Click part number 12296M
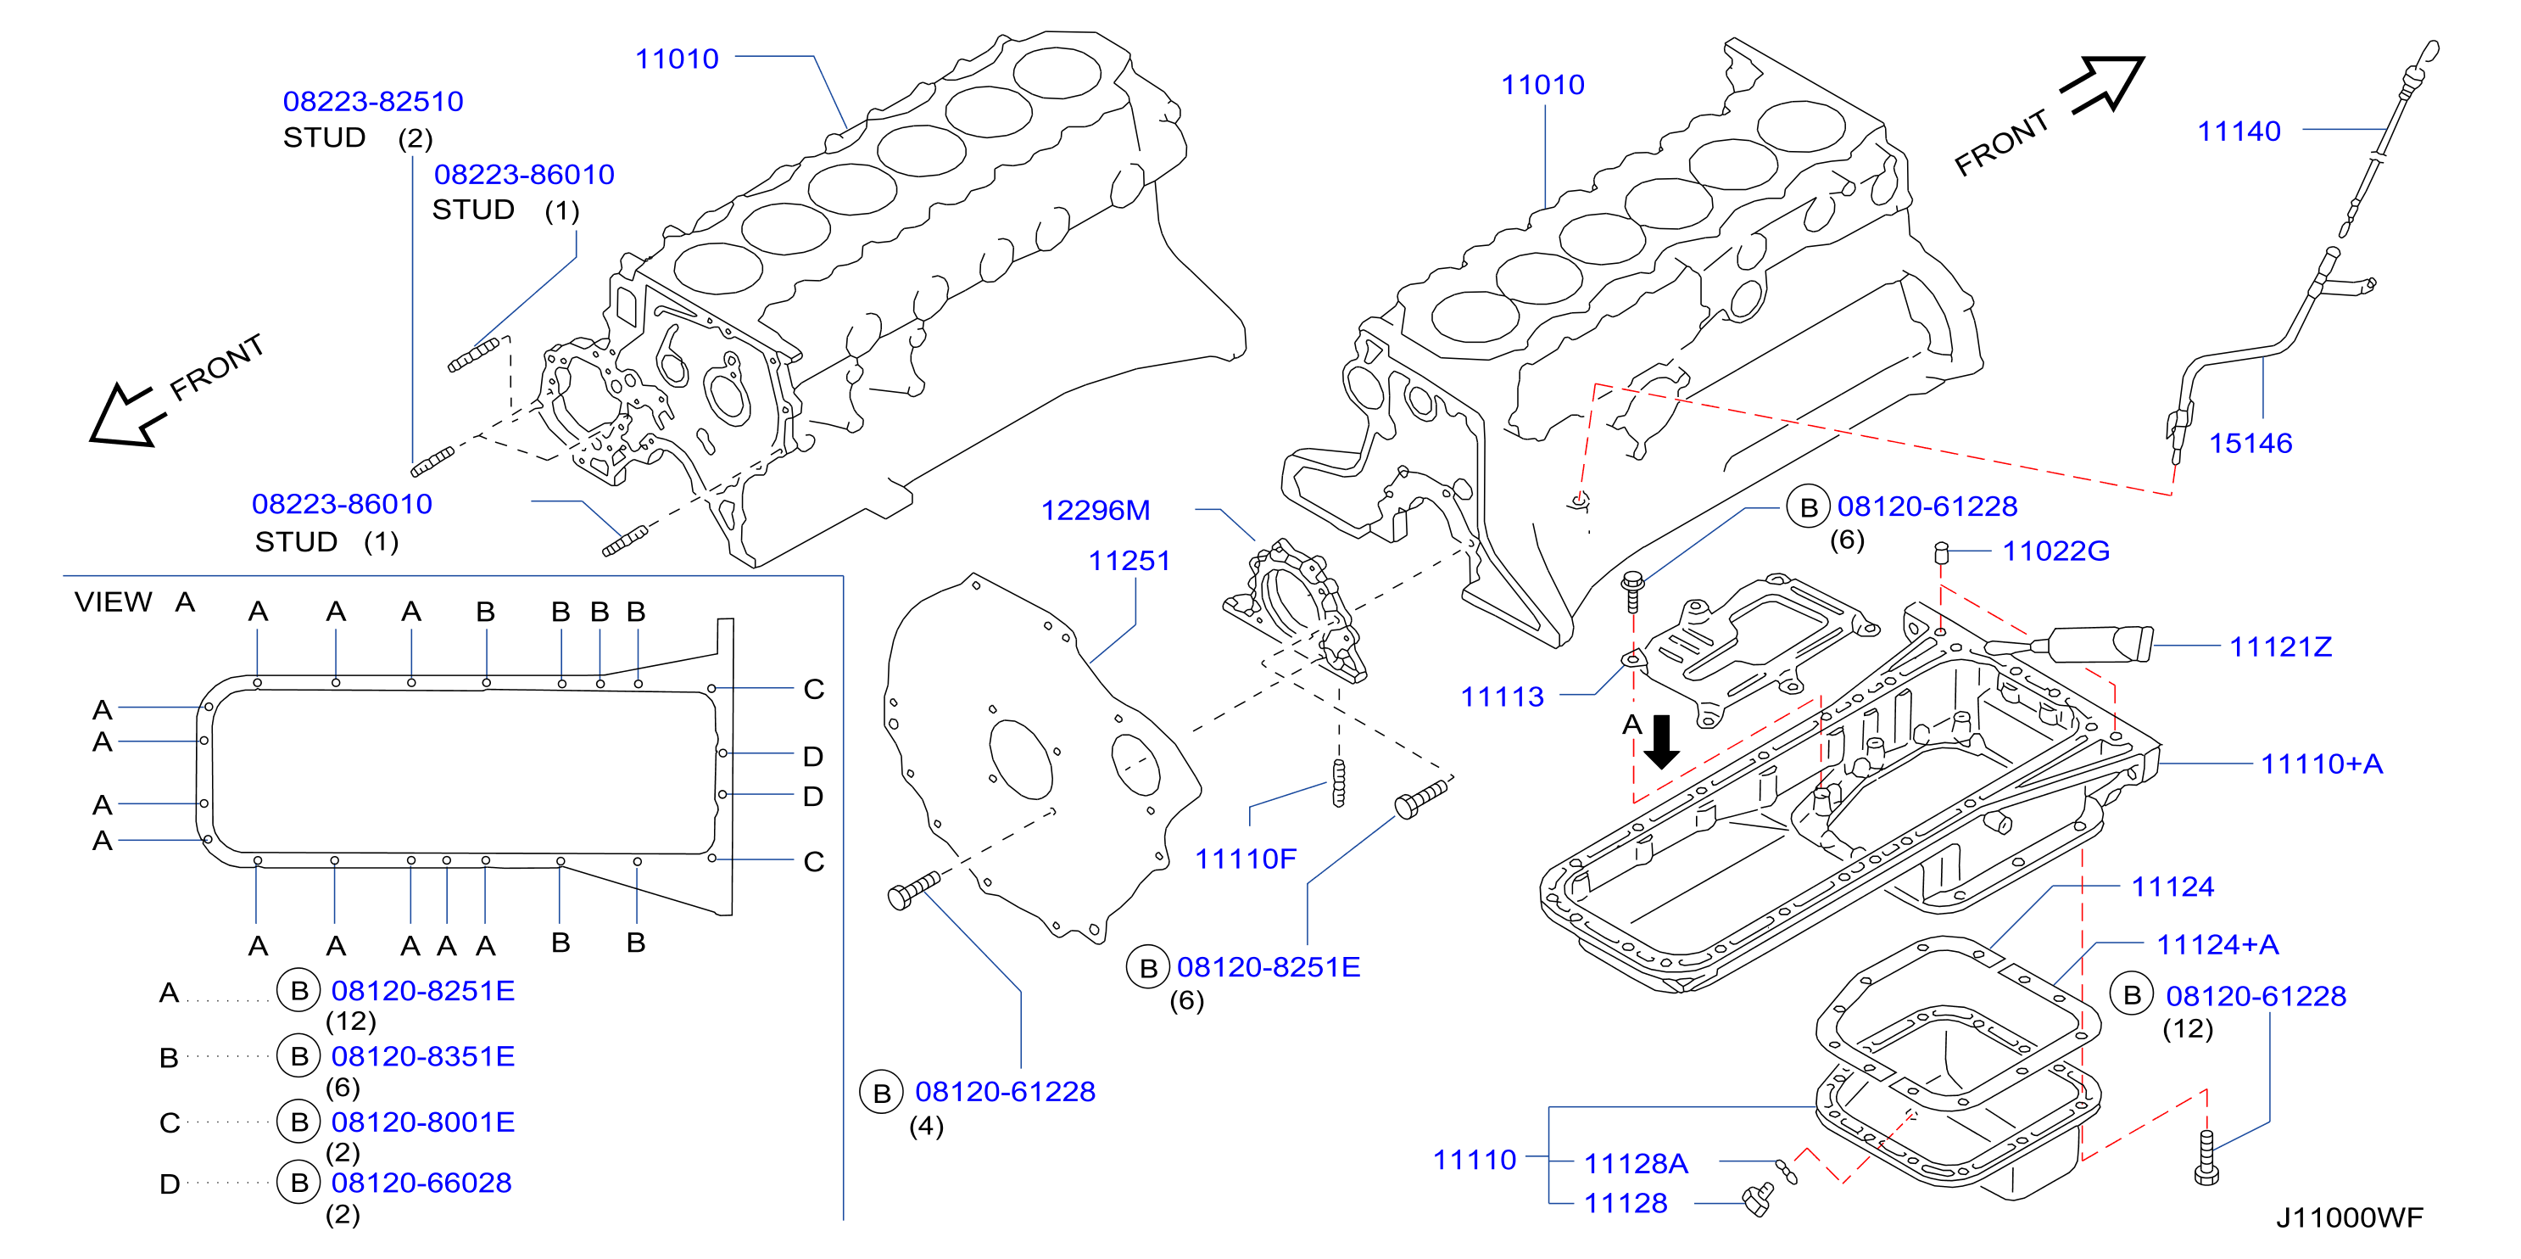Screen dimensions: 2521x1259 coord(1095,510)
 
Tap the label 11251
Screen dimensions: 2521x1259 coord(1129,561)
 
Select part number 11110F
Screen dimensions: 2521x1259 coord(1245,859)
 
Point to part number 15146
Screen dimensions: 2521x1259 coord(2250,443)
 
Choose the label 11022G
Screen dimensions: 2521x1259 coord(2056,551)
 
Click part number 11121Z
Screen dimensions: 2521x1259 coord(2280,646)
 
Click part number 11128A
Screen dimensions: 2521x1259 coord(1637,1163)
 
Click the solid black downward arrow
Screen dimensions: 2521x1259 coord(1661,741)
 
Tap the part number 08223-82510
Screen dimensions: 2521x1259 coord(373,101)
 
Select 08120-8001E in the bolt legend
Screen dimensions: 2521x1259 coord(423,1122)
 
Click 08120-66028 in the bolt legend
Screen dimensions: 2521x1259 coord(421,1183)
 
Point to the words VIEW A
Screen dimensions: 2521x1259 coord(134,602)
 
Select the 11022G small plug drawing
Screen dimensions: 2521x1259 coord(1943,554)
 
